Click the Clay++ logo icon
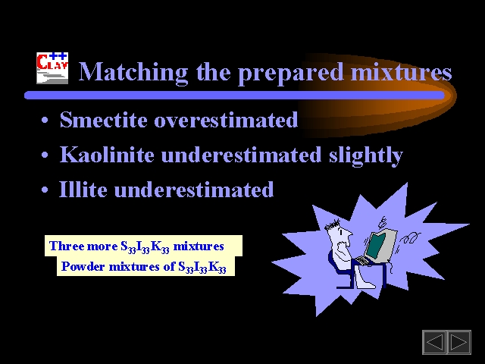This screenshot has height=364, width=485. [52, 68]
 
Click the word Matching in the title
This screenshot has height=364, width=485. [133, 73]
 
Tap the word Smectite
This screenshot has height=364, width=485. [103, 119]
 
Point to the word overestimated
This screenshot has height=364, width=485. [226, 120]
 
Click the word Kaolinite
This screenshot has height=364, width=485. [107, 154]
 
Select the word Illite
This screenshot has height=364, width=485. [83, 189]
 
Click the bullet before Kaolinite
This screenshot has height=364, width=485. [45, 155]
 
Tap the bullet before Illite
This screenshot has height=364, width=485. [45, 190]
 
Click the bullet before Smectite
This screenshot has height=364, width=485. [45, 120]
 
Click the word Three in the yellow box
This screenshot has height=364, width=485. [67, 246]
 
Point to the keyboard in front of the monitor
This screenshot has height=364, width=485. [362, 261]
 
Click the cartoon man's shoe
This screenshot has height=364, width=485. [365, 284]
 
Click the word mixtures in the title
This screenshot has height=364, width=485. [402, 72]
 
